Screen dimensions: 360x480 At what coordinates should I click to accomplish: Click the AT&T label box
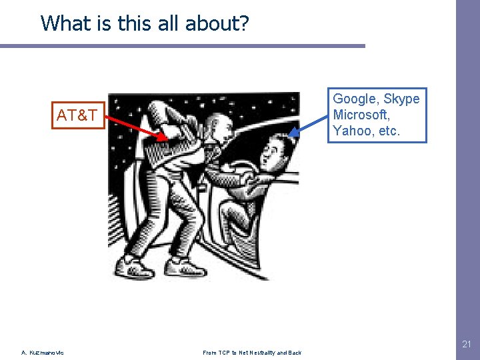click(79, 115)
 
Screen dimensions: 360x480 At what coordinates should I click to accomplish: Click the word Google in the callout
click(354, 99)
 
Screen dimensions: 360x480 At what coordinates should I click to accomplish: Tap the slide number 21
click(467, 344)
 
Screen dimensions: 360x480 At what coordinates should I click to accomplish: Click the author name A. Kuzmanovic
click(43, 352)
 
